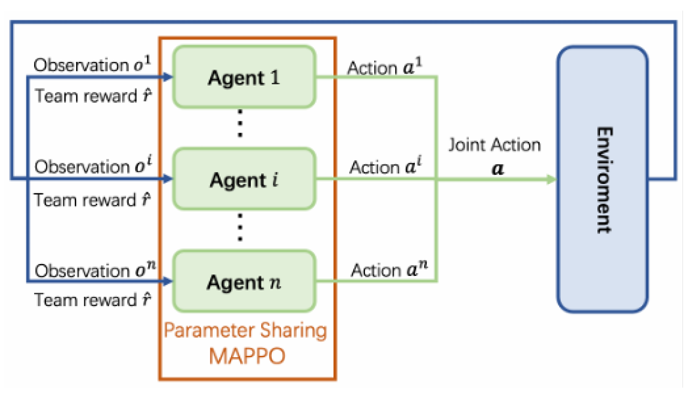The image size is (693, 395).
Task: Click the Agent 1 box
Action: (244, 77)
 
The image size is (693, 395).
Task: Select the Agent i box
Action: (244, 179)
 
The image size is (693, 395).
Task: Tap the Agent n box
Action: (244, 282)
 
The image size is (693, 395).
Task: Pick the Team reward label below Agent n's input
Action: (92, 300)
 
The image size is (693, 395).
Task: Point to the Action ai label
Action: (385, 166)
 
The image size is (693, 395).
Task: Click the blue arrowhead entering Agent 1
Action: (168, 77)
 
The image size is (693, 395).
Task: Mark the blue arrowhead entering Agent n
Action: (168, 281)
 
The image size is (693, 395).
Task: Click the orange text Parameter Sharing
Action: (245, 330)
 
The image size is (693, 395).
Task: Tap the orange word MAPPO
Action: (247, 356)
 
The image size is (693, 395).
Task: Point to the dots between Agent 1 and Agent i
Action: (240, 123)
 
